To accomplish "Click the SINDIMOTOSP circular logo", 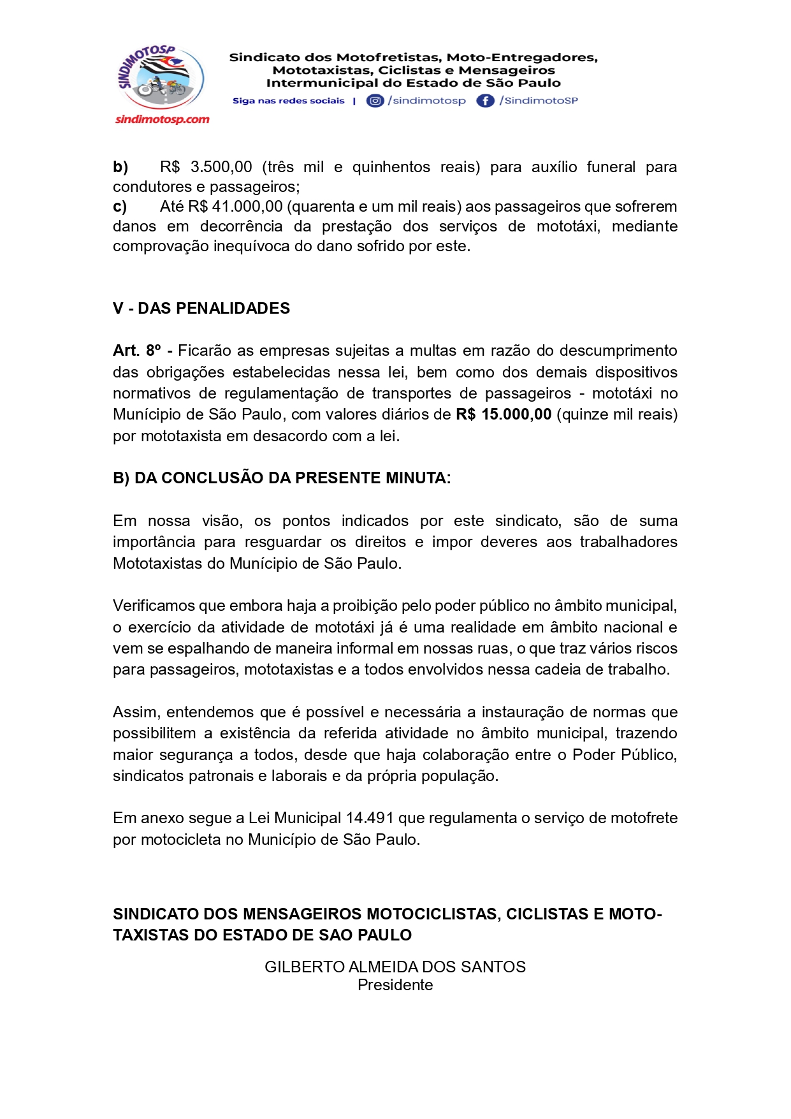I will tap(161, 78).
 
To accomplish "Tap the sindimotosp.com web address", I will tap(162, 119).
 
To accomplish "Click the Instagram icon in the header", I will tap(375, 101).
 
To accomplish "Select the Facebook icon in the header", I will tap(485, 101).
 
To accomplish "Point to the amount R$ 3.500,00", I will tap(206, 167).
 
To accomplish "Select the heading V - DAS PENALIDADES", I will tap(201, 309).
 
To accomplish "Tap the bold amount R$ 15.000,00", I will tap(504, 414).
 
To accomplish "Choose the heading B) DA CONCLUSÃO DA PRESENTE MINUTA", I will tap(282, 478).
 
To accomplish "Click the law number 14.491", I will tap(370, 818).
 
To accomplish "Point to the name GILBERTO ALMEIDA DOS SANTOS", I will tap(395, 967).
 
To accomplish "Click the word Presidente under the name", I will tap(395, 985).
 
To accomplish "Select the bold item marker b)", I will tap(120, 167).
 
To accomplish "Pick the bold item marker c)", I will tap(120, 207).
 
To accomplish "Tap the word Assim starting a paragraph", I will tap(135, 712).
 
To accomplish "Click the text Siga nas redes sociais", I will tap(288, 101).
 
